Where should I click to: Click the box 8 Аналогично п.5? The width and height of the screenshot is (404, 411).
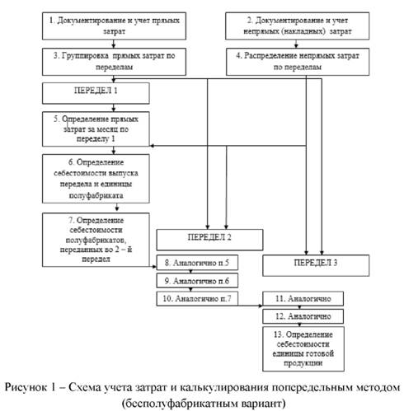pos(194,265)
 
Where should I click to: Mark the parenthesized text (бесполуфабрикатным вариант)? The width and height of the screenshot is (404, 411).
pos(201,401)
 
